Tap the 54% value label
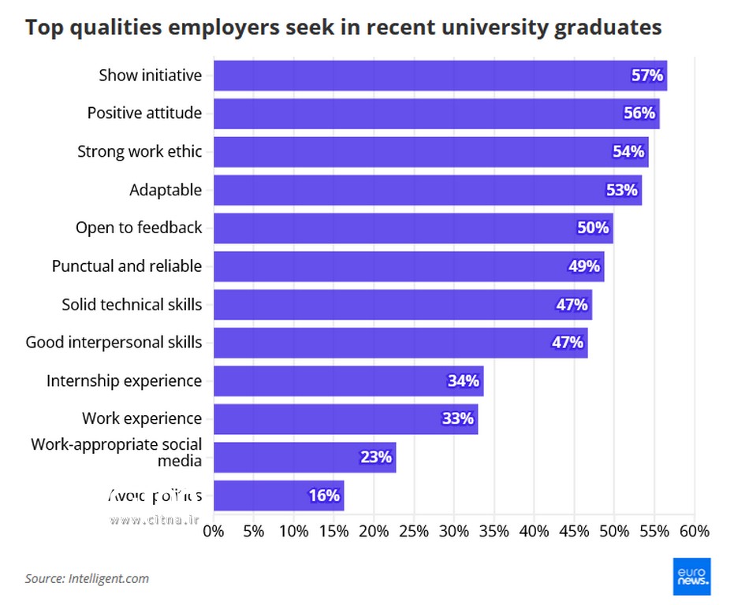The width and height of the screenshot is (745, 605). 628,152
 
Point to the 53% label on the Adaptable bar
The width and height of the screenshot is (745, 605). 621,190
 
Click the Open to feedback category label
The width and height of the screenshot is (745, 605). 139,228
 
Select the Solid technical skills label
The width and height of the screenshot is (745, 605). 132,304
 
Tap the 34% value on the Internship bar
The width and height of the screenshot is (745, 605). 463,381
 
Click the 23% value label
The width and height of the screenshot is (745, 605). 375,458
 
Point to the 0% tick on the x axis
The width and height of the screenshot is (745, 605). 214,531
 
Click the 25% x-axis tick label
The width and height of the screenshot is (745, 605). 414,531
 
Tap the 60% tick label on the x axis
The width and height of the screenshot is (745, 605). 694,531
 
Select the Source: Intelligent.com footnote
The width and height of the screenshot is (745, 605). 87,578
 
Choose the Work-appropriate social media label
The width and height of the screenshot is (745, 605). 116,452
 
